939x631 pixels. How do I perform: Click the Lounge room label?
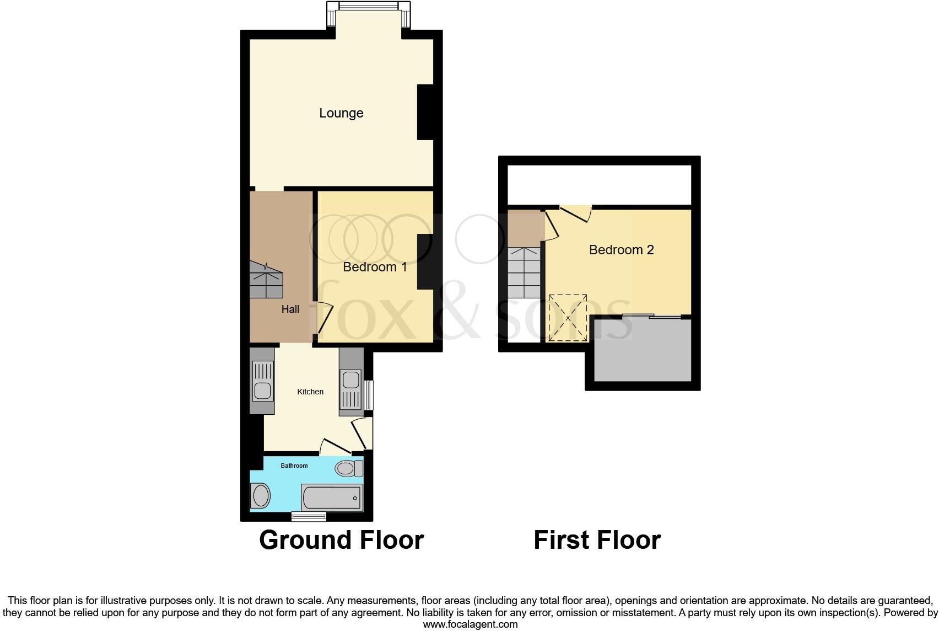coord(341,113)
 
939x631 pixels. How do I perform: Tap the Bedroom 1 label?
coord(375,267)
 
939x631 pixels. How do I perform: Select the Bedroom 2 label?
coord(621,250)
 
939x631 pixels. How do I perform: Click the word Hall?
coord(290,309)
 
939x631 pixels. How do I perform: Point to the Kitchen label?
coord(310,392)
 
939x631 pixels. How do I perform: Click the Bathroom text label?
coord(294,466)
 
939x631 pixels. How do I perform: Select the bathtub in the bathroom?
coord(331,498)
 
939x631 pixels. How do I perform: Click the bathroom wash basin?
coord(261,496)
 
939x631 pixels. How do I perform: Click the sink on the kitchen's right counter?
coord(350,380)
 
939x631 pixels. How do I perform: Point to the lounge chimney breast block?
coord(425,113)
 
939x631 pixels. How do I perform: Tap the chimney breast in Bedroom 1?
coord(425,261)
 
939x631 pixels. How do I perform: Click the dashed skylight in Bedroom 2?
coord(568,318)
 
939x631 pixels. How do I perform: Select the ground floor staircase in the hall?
coord(266,280)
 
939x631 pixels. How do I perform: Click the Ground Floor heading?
coord(341,540)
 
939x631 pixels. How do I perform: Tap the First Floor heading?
coord(597,540)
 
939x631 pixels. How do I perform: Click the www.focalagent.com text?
coord(470,624)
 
